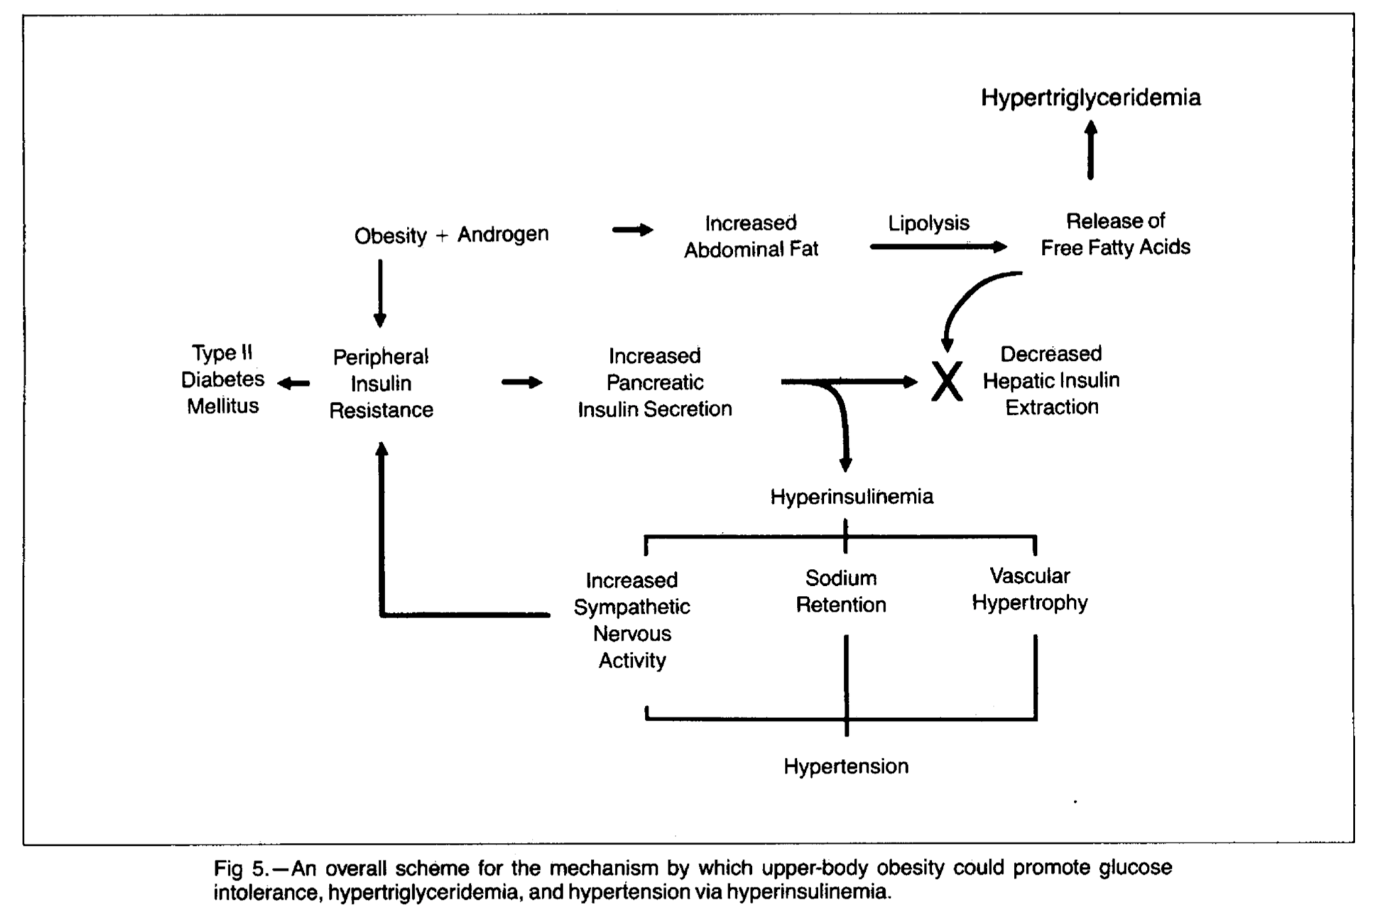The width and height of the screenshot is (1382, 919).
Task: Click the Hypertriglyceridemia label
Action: (1091, 98)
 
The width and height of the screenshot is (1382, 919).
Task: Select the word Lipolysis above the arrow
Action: (928, 224)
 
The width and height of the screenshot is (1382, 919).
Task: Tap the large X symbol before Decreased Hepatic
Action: (947, 381)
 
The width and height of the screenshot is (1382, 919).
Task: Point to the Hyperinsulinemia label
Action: (851, 496)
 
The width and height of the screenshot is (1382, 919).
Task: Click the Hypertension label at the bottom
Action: (846, 766)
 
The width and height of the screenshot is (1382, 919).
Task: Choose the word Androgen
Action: (503, 234)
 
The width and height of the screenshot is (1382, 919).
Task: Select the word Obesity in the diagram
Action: (391, 236)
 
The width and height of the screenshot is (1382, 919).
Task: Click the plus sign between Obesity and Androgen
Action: (442, 236)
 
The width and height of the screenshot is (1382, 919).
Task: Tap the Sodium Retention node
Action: (841, 591)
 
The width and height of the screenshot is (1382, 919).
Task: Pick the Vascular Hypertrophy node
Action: (1030, 589)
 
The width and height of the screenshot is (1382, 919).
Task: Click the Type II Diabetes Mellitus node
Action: (222, 379)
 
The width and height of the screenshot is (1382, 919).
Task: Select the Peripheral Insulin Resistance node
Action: (381, 384)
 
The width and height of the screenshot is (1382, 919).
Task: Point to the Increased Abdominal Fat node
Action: (751, 236)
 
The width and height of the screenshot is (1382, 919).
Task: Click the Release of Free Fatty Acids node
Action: (1116, 234)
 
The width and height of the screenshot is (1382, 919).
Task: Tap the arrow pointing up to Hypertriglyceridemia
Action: (1091, 150)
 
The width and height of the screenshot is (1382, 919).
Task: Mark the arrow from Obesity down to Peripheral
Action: (380, 293)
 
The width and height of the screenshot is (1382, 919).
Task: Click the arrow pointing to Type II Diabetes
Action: (293, 384)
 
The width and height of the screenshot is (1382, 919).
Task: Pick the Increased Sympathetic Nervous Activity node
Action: (631, 620)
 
